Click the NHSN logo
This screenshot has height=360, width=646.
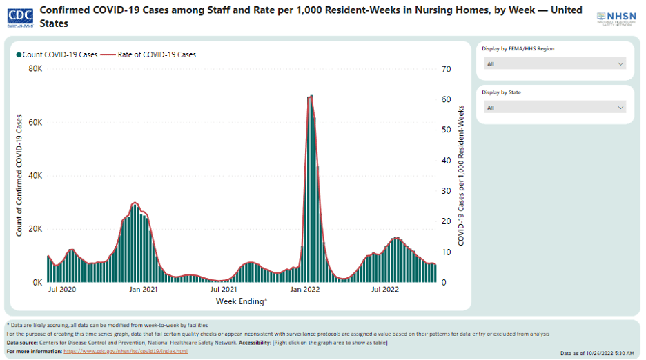[617, 18]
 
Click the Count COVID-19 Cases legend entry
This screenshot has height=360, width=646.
[57, 54]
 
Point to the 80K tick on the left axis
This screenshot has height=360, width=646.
[35, 69]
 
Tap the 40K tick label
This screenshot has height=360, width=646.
[35, 176]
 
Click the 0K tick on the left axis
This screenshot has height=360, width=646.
[37, 283]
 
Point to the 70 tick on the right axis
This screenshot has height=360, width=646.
[447, 69]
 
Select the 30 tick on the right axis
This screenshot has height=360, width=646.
[447, 191]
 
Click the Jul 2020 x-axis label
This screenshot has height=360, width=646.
[62, 290]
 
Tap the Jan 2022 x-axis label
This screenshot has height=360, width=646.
[304, 290]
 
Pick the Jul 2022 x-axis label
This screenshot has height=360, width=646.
[385, 290]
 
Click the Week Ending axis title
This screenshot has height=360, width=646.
[241, 301]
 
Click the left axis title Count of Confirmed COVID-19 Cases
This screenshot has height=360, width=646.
[20, 176]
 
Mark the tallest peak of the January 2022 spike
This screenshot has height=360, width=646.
[311, 97]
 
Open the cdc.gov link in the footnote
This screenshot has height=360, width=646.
[125, 351]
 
